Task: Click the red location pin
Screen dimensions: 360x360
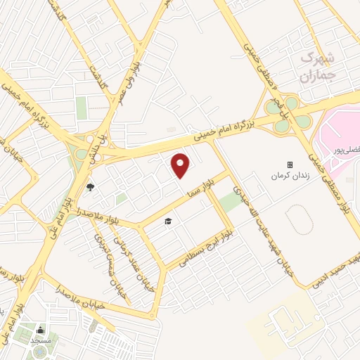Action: tap(181, 165)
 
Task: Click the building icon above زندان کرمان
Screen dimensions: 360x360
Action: tap(289, 164)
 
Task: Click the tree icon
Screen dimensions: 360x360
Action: tap(90, 186)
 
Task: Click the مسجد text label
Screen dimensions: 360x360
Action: tap(40, 340)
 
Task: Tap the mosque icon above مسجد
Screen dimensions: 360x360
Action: tap(40, 330)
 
